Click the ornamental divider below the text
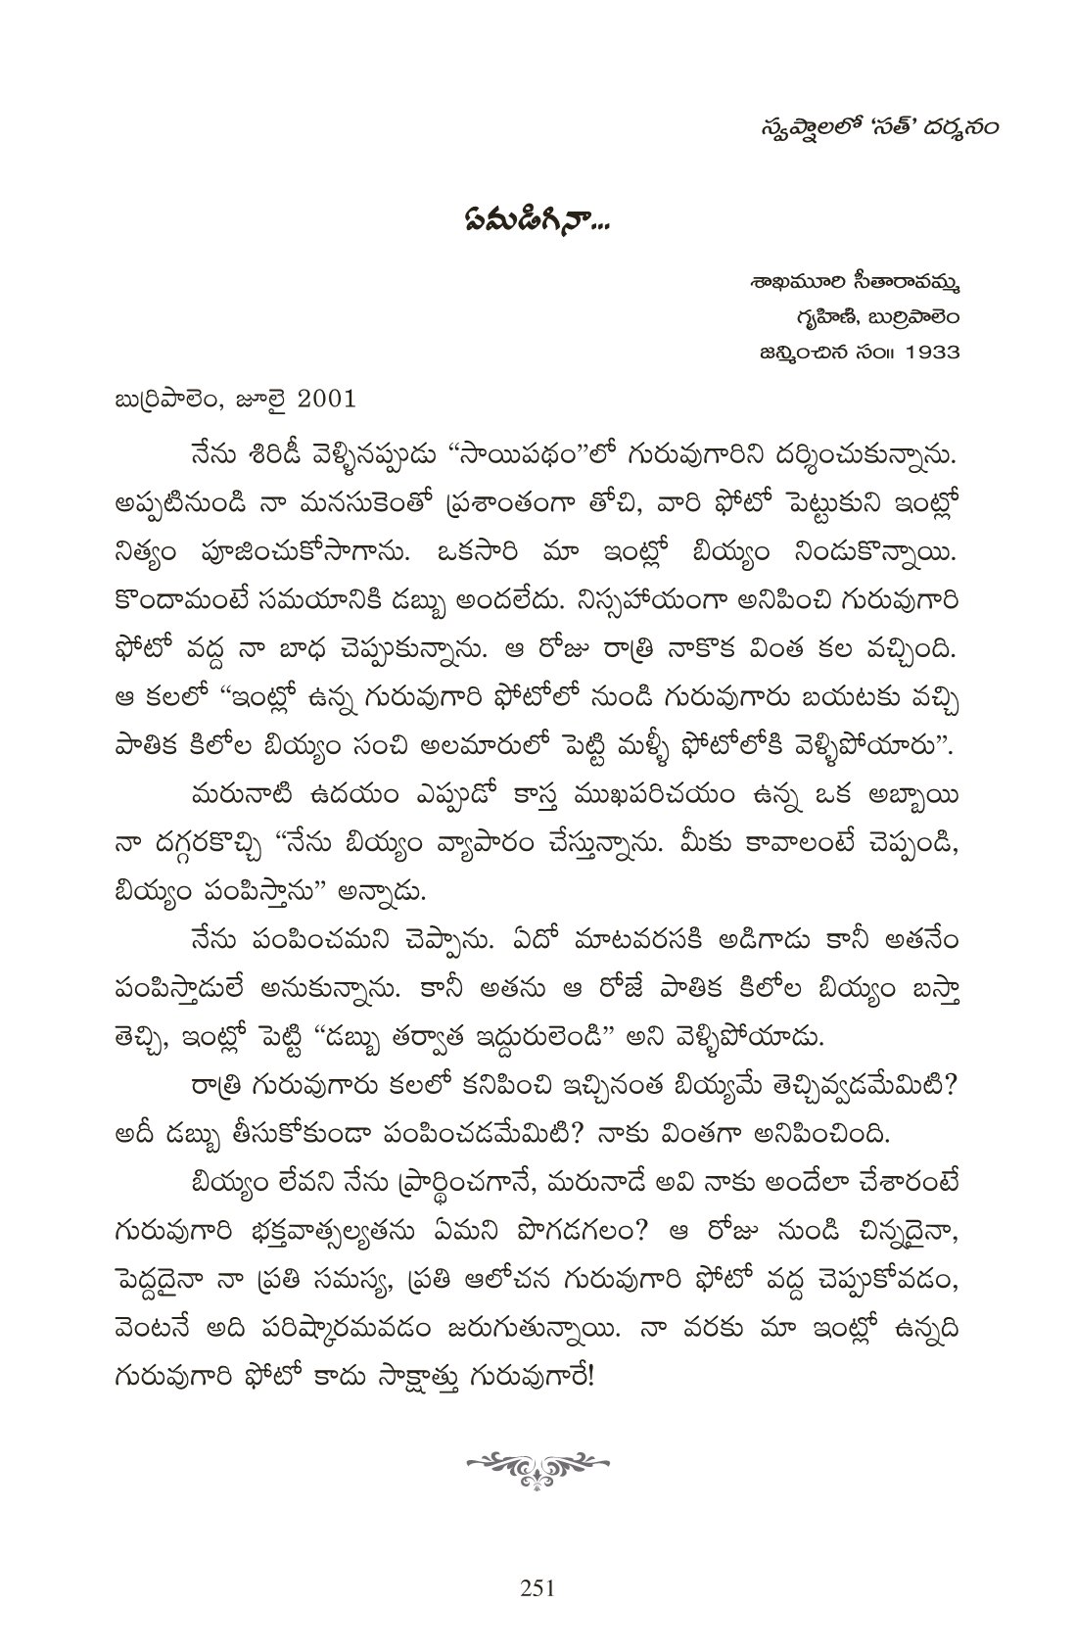[x=537, y=1465]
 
